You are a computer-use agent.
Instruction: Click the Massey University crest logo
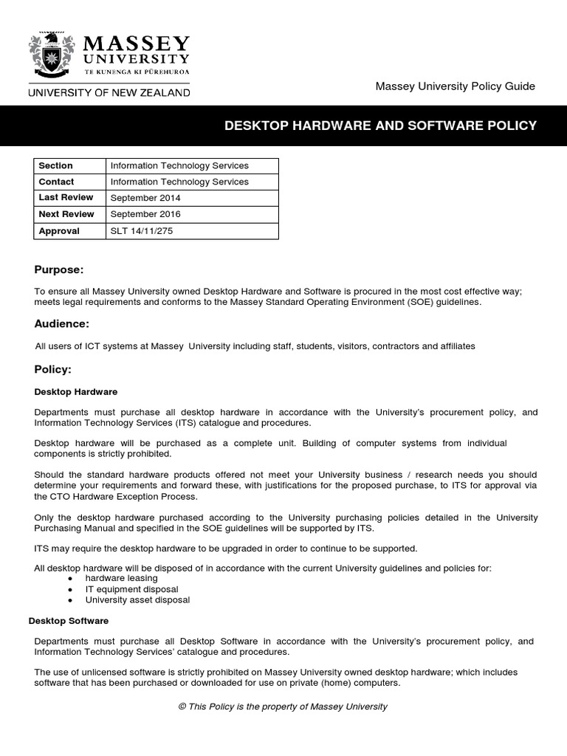coord(52,57)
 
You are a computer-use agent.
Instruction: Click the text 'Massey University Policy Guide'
coord(455,86)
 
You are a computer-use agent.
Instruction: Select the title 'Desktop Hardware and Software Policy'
coord(380,126)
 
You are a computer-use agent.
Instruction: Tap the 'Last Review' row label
coord(66,197)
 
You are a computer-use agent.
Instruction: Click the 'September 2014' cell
coord(145,198)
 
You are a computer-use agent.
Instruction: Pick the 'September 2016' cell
coord(145,214)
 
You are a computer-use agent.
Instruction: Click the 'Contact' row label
coord(56,182)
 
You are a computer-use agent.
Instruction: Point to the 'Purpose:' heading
coord(59,269)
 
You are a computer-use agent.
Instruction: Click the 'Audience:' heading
coord(62,323)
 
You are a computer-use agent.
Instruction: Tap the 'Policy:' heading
coord(53,368)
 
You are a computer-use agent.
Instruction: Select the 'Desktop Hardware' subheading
coord(75,391)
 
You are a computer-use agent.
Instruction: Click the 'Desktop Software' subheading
coord(69,621)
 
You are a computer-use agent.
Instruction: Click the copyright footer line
coord(283,707)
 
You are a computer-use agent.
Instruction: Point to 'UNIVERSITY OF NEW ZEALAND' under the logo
coord(109,92)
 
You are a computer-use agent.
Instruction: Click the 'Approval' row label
coord(59,230)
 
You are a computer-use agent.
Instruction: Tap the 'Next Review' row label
coord(66,214)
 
